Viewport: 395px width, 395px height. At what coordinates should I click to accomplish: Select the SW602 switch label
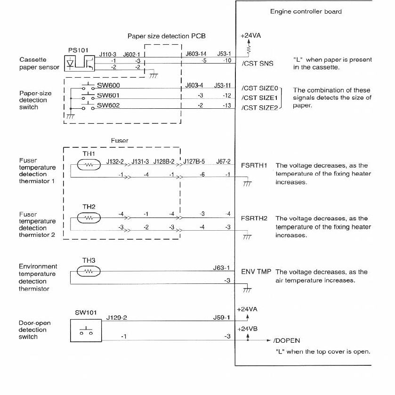(x=109, y=105)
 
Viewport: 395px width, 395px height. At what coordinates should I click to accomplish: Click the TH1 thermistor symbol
(x=88, y=165)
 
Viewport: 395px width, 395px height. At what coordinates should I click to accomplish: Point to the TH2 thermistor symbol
(x=88, y=218)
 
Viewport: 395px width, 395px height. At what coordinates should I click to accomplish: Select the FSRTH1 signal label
(x=254, y=166)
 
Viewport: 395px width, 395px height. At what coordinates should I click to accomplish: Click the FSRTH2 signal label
(x=254, y=218)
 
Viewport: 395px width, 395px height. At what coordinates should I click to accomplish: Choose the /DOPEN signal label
(x=286, y=340)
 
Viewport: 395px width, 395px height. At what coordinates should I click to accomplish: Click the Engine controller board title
(x=306, y=11)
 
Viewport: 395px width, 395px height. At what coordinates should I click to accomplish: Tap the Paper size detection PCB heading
(x=166, y=36)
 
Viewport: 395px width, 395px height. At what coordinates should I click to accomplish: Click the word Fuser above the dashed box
(x=119, y=140)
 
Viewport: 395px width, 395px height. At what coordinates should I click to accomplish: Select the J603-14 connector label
(x=196, y=55)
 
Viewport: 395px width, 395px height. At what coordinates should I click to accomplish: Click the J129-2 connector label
(x=117, y=318)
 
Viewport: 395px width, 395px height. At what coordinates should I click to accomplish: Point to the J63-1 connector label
(x=221, y=268)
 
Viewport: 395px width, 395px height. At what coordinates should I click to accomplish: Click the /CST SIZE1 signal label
(x=260, y=97)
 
